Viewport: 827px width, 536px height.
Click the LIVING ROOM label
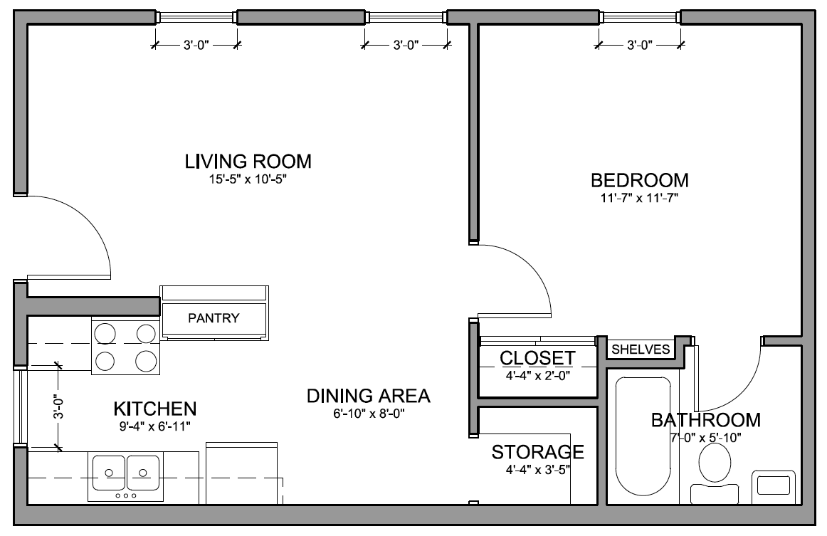point(248,162)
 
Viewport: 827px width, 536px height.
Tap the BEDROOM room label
point(639,180)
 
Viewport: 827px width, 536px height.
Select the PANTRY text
point(214,318)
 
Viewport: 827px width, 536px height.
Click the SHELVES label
point(641,350)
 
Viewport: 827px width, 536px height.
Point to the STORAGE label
point(537,452)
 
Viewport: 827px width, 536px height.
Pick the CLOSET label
point(537,358)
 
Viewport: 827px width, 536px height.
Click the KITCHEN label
point(155,409)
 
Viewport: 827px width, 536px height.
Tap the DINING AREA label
point(369,396)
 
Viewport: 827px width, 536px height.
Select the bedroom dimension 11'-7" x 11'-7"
point(639,199)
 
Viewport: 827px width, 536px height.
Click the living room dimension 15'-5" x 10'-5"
point(248,179)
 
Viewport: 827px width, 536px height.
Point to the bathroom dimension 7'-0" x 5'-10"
point(706,437)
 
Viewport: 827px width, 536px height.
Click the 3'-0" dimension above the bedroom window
point(640,46)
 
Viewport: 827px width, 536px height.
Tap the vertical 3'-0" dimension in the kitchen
point(58,406)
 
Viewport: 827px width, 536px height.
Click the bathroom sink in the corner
point(773,486)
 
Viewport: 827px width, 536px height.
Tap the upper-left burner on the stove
point(105,333)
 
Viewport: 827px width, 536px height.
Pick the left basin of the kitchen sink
point(109,473)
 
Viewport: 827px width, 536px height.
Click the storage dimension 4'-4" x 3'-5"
point(537,470)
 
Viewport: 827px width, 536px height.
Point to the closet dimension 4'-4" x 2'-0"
point(537,376)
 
